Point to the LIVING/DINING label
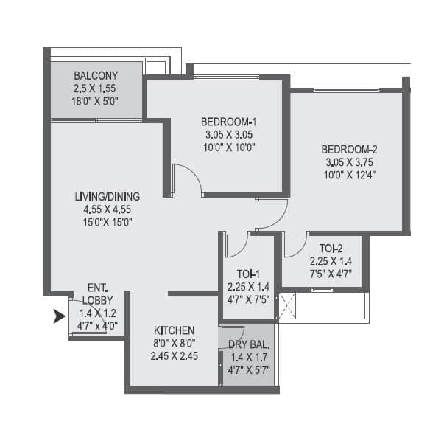(x=108, y=196)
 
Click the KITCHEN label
(x=175, y=330)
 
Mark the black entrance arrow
(x=57, y=318)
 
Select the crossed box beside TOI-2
(x=286, y=306)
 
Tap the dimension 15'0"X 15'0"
(x=108, y=221)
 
